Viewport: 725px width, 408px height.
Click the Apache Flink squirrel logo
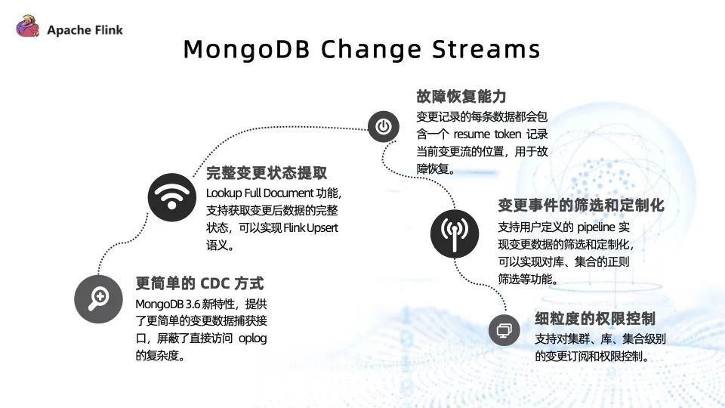28,26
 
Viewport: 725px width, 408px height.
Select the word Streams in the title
486,48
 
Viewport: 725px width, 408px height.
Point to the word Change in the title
371,50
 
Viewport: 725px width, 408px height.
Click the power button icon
384,126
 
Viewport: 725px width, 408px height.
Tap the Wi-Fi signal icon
172,197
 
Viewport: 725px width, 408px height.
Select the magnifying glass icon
98,299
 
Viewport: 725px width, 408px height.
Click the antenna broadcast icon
455,233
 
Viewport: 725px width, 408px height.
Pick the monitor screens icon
504,330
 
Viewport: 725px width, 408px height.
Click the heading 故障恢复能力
461,96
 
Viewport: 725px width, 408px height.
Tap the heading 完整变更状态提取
267,172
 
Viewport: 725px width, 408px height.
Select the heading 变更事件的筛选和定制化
582,205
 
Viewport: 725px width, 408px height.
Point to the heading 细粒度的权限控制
595,318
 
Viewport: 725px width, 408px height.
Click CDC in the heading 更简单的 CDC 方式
217,283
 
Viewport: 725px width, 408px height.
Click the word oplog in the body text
252,338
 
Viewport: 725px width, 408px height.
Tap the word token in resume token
507,134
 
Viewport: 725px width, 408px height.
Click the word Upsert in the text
322,228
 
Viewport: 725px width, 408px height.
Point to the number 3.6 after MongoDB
193,304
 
